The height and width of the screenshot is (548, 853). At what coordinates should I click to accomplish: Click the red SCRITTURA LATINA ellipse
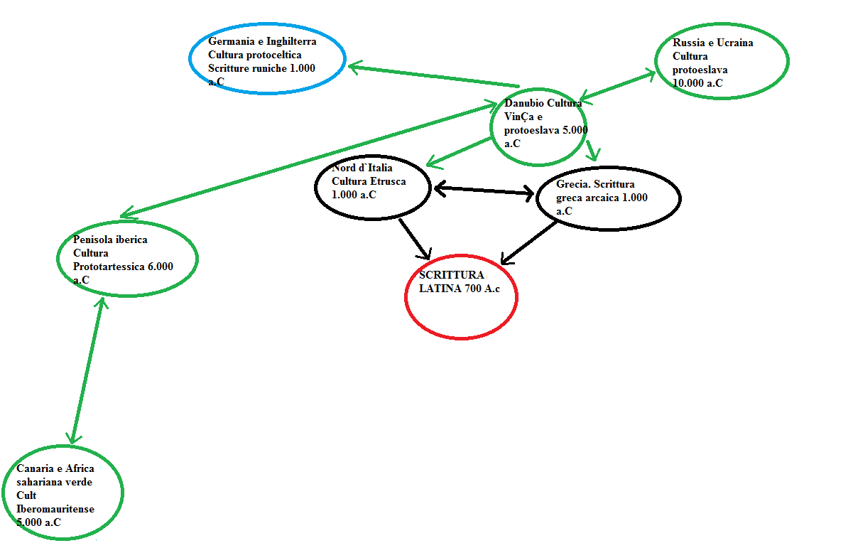coord(461,296)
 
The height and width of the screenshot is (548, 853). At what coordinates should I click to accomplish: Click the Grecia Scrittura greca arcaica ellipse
coord(609,198)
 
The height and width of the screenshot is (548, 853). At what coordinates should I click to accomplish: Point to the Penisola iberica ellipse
coord(127,258)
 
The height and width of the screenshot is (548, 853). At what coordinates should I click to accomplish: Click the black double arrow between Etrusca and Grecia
coord(484,190)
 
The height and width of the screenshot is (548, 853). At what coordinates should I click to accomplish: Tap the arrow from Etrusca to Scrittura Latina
coord(415,238)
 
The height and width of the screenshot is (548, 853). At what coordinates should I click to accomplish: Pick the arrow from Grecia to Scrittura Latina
coord(530,242)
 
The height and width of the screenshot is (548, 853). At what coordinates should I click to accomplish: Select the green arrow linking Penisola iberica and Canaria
coord(87,370)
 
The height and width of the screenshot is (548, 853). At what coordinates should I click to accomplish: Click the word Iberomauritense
coord(55,509)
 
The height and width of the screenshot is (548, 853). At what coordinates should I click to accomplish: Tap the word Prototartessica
coord(108,267)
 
